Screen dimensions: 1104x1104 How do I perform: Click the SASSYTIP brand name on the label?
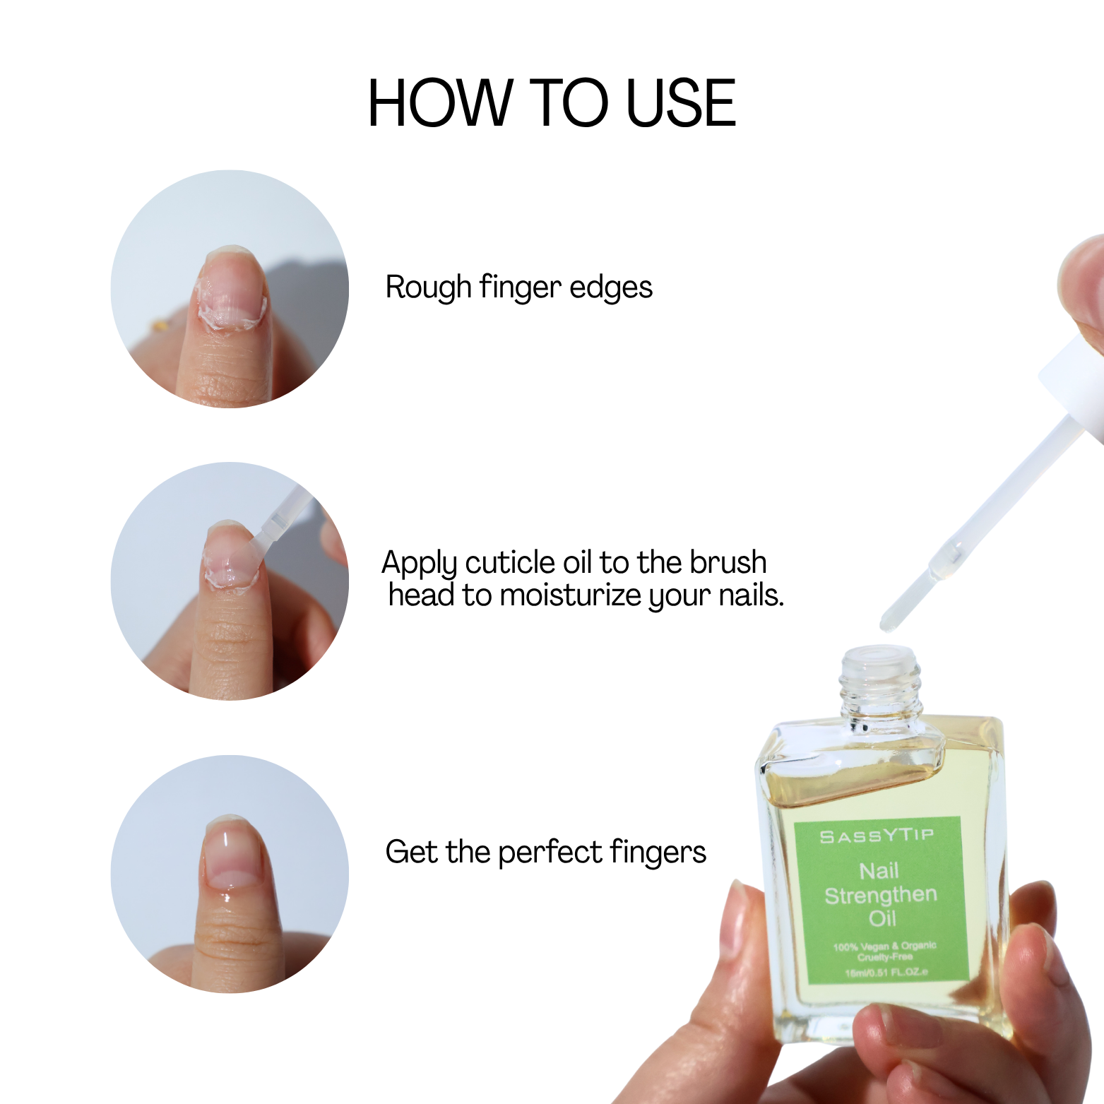(x=877, y=836)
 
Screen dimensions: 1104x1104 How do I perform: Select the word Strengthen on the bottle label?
(x=880, y=895)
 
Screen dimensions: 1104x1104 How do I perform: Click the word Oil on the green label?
(x=882, y=918)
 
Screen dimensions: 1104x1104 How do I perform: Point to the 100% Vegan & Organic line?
(x=884, y=946)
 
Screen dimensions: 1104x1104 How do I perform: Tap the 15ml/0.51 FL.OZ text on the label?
(x=886, y=973)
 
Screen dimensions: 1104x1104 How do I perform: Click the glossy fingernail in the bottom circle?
(x=230, y=855)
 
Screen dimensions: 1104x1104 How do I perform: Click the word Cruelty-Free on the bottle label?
(x=885, y=958)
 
